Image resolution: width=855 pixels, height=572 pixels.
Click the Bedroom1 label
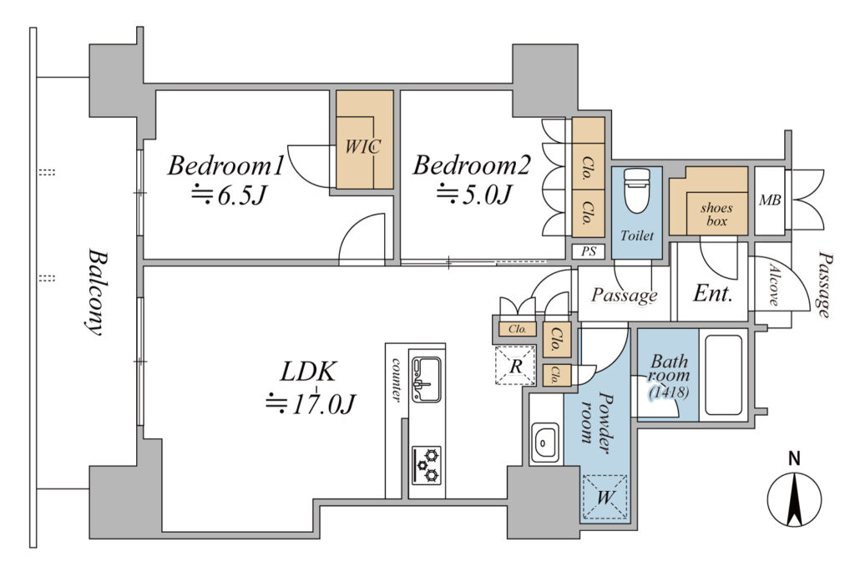225,166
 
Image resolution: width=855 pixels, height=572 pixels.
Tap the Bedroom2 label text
471,165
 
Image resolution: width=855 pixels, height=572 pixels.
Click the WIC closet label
362,146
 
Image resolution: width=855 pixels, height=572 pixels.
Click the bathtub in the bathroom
723,375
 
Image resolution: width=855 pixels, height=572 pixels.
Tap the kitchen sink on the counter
427,379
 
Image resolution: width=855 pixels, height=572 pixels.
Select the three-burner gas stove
427,465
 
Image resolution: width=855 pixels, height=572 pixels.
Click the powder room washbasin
545,443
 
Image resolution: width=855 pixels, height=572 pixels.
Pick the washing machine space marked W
605,497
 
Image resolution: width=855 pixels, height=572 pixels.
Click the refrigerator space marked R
514,365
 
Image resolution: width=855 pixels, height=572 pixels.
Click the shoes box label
716,215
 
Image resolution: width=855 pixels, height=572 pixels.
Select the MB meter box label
769,200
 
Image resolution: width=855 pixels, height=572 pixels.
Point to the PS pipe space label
589,251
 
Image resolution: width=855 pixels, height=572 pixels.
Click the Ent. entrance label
713,293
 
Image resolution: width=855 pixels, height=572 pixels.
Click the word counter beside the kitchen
397,380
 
